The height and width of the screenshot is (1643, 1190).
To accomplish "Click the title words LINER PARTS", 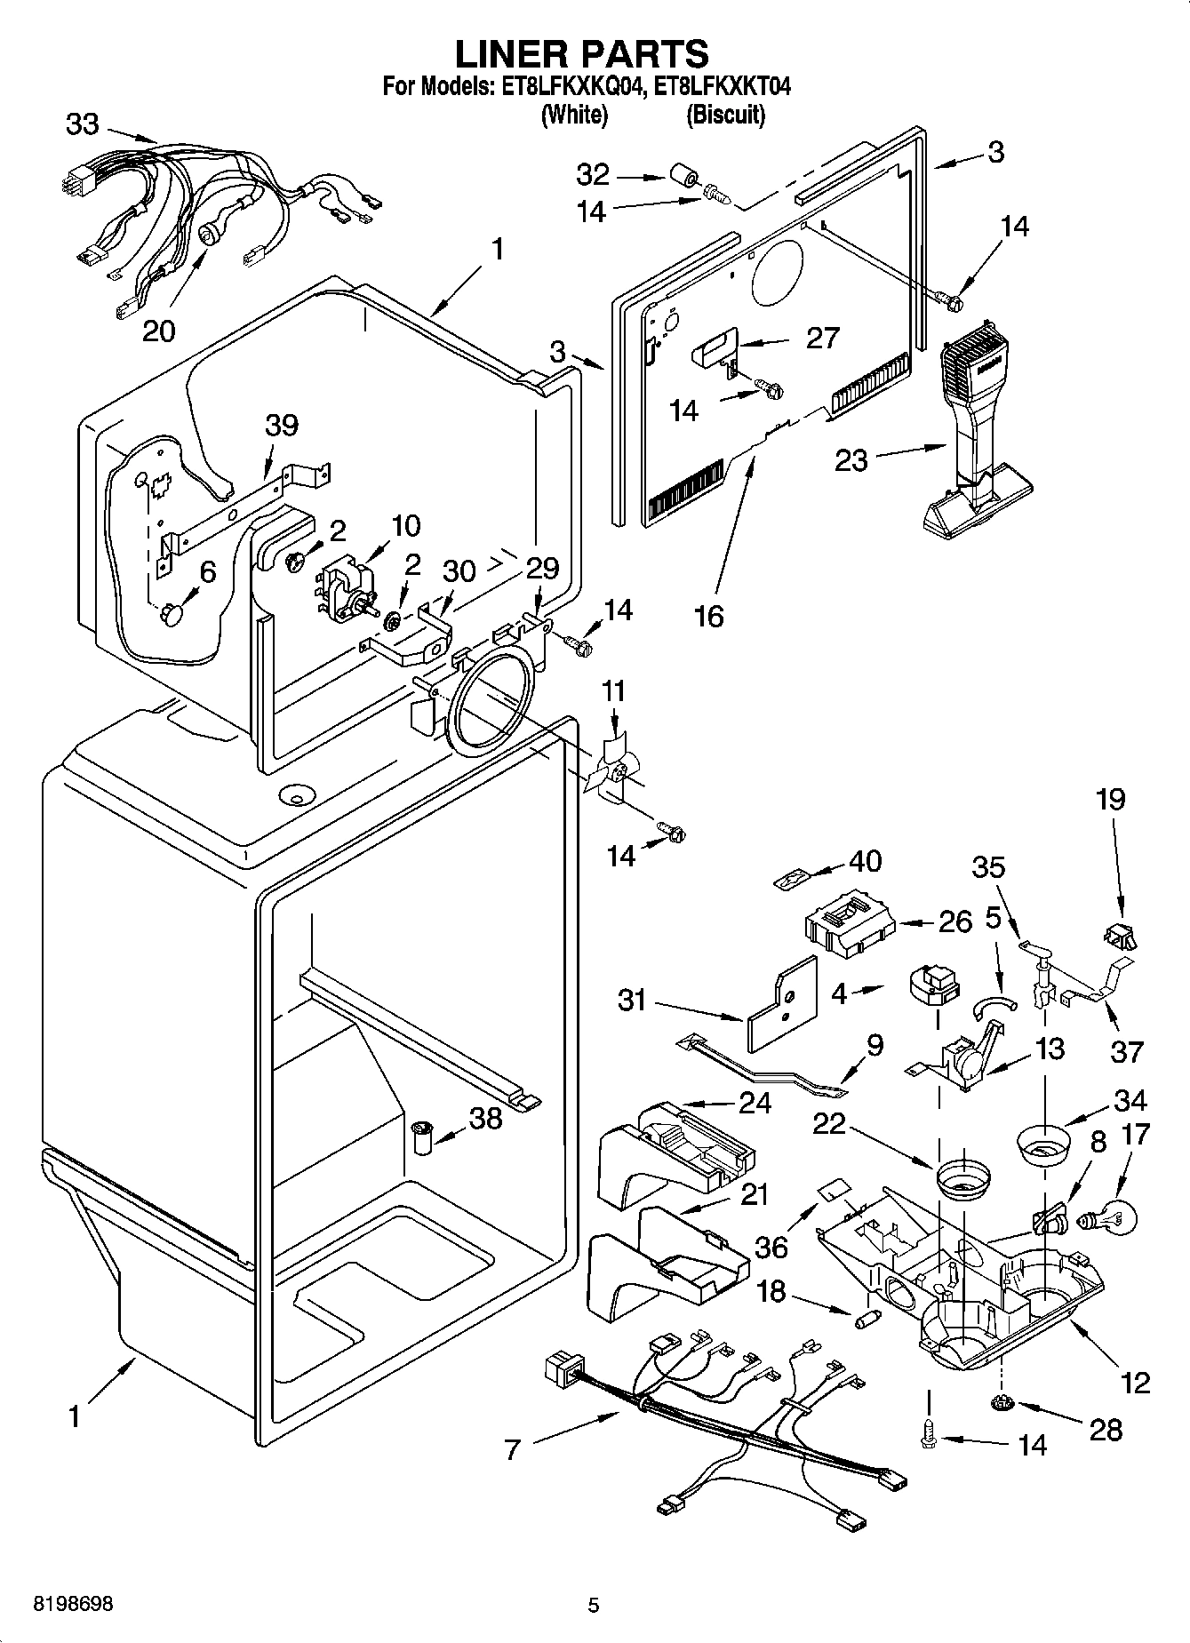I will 582,54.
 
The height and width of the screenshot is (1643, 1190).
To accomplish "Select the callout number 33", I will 83,124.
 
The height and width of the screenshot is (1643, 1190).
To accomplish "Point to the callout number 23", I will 851,460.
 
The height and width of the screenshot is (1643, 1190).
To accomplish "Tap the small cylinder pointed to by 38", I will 422,1138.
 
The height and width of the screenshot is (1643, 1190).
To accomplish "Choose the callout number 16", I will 708,615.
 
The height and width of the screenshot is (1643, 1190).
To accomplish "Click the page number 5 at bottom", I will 594,1605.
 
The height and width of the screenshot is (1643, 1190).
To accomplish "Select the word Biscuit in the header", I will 725,115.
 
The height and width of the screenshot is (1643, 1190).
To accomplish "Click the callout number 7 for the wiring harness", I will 511,1450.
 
